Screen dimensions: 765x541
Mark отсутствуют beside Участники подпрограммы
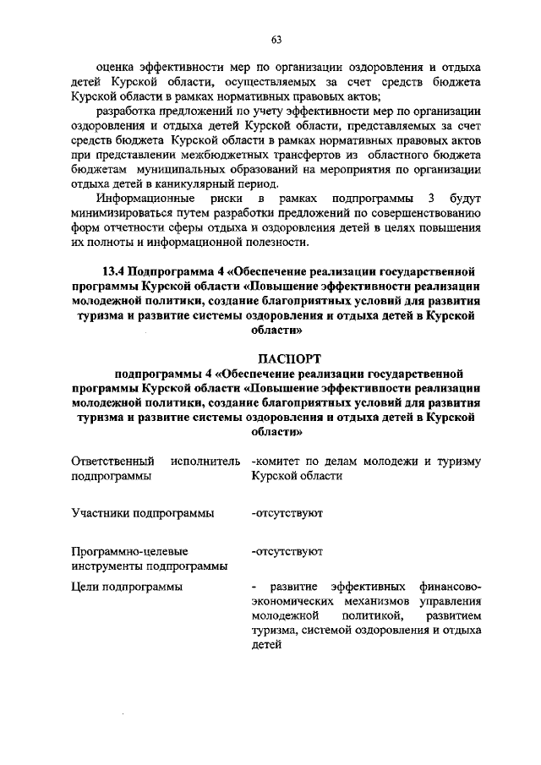pyautogui.click(x=287, y=512)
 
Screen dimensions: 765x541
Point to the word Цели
pyautogui.click(x=86, y=586)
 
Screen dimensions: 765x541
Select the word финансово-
pyautogui.click(x=450, y=586)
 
